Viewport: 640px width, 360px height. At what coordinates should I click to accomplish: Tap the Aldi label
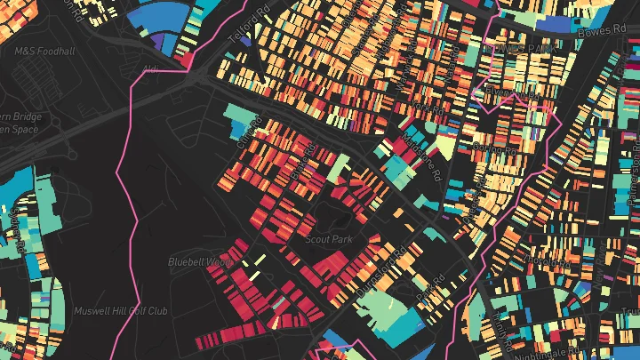click(148, 68)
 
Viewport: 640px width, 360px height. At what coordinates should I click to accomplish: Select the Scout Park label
click(329, 240)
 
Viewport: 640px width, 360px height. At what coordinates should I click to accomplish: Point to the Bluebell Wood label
click(200, 262)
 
